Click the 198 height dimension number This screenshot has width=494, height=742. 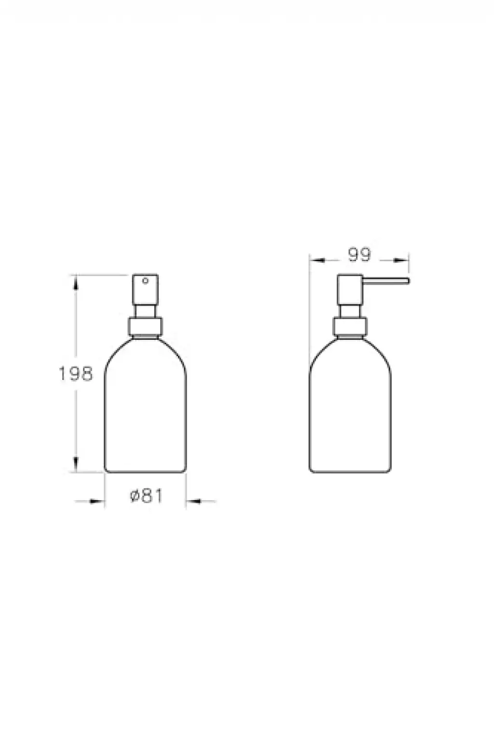75,374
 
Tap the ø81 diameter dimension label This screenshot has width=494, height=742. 146,496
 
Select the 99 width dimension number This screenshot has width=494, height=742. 359,255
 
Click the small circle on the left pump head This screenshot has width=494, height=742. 145,281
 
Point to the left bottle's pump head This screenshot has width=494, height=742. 145,289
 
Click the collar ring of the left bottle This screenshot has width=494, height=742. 145,326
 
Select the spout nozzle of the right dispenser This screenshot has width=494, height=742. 386,281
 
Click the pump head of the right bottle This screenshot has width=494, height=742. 350,289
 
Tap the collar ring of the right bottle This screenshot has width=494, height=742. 350,326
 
